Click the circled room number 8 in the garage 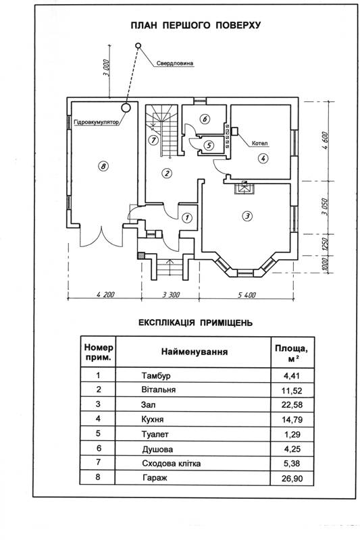pos(103,167)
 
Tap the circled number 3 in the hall pos(247,216)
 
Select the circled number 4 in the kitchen pos(263,159)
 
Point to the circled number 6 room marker pos(205,119)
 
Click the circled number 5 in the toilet pos(209,145)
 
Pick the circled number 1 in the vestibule pos(187,217)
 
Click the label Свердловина pos(175,63)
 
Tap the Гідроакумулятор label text pos(96,122)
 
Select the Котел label pos(260,143)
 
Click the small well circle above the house pos(138,45)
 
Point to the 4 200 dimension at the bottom pos(105,294)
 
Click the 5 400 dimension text pos(247,295)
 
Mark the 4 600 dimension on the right pos(326,140)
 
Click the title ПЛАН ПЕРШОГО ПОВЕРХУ pos(195,25)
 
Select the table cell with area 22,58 pos(292,404)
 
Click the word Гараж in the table pos(155,478)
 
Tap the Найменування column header pos(195,352)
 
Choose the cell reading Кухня pos(152,419)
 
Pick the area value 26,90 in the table pos(292,479)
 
